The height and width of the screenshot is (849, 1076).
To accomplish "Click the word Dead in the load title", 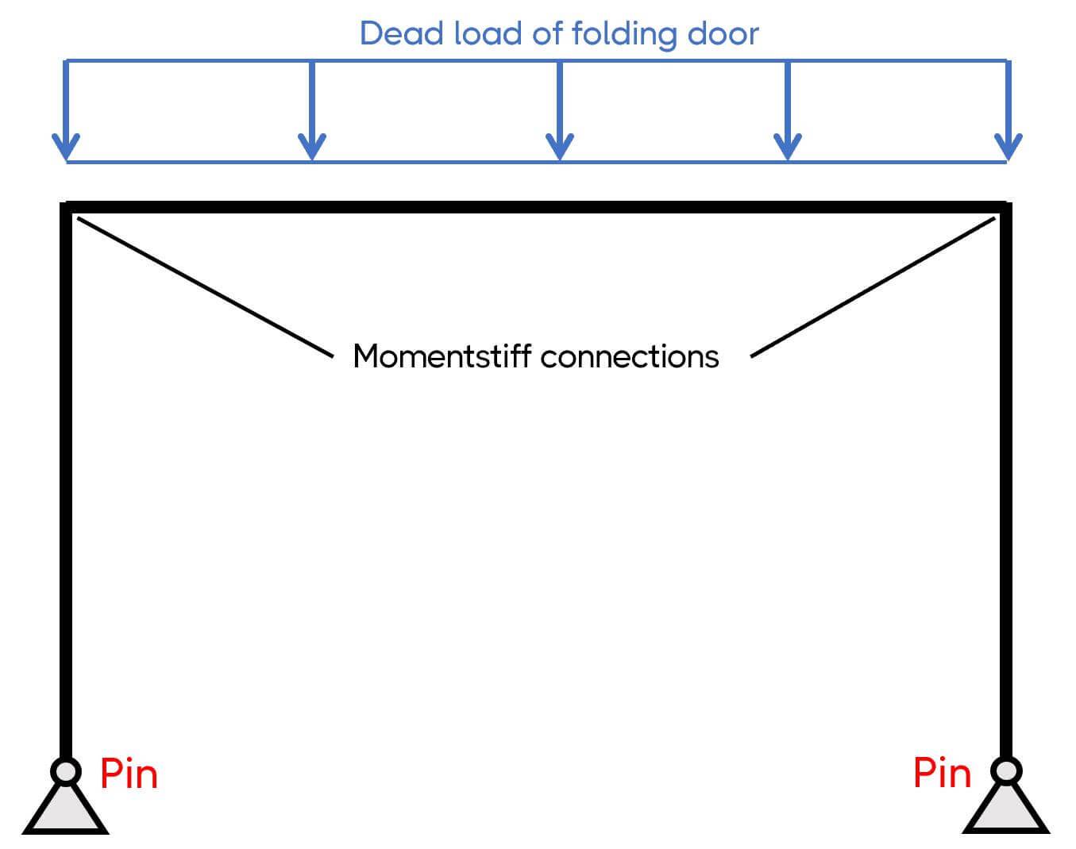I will coord(401,34).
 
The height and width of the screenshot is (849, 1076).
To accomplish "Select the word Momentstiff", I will coord(442,356).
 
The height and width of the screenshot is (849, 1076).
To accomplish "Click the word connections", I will coord(630,357).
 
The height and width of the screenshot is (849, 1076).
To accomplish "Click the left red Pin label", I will coord(129,774).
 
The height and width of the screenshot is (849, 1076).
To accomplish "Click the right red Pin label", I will coord(942,773).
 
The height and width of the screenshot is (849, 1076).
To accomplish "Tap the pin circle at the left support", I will coord(65,770).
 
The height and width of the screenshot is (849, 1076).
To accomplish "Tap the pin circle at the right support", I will coord(1006,770).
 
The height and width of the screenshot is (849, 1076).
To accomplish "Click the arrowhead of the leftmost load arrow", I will coord(66,147).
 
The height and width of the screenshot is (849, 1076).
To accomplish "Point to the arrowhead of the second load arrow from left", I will coord(312,147).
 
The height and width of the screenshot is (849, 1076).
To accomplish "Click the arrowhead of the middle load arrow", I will coord(560,147).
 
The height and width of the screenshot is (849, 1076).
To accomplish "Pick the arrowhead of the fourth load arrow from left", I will coord(788,147).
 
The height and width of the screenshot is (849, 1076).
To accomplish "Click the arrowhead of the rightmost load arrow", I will coord(1009,147).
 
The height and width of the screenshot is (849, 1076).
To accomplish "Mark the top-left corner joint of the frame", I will coord(66,208).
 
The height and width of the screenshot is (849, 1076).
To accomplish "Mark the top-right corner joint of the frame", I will coord(1006,208).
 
